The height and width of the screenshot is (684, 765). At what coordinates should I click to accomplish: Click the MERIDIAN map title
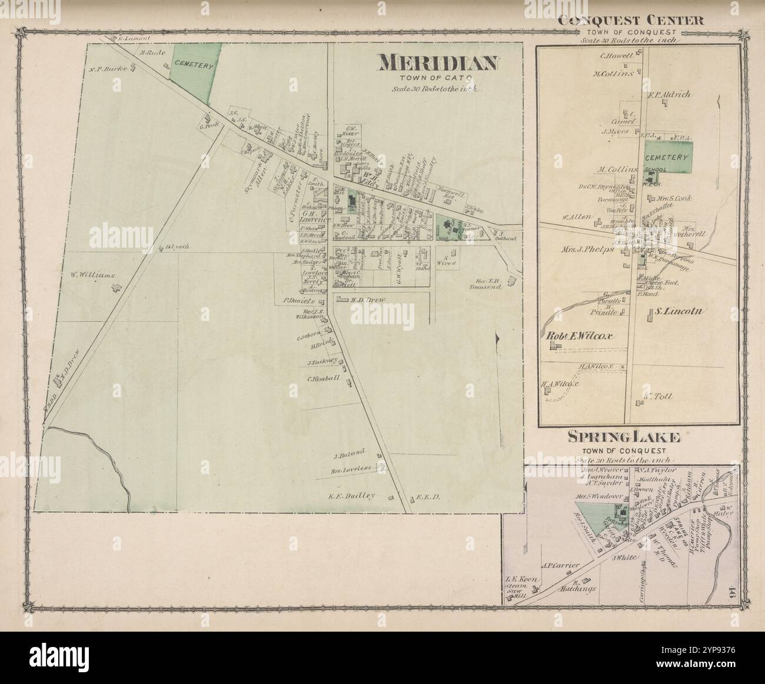(438, 62)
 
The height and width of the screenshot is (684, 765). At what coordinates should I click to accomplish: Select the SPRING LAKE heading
(624, 437)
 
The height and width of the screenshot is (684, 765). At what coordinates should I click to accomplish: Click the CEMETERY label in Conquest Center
(666, 158)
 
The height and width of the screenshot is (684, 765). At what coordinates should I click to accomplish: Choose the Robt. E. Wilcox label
(580, 336)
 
